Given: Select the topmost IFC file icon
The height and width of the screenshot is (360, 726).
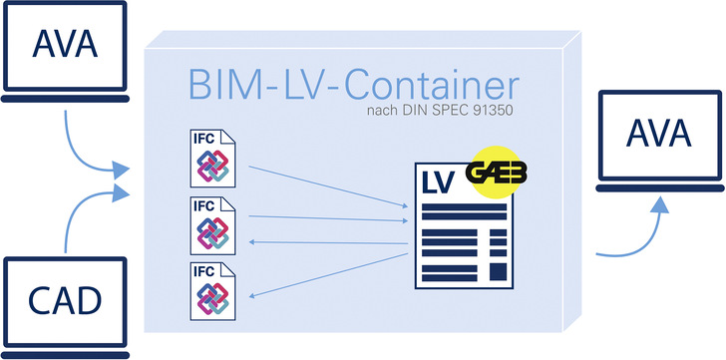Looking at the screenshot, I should click(210, 159).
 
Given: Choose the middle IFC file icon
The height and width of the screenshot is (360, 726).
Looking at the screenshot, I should click(210, 225).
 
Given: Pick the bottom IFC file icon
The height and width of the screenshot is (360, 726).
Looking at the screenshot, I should click(210, 291).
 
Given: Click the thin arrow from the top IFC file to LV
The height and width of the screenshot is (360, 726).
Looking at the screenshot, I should click(329, 185).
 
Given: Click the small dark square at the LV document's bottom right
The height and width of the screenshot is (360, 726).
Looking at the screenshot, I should click(499, 272).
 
